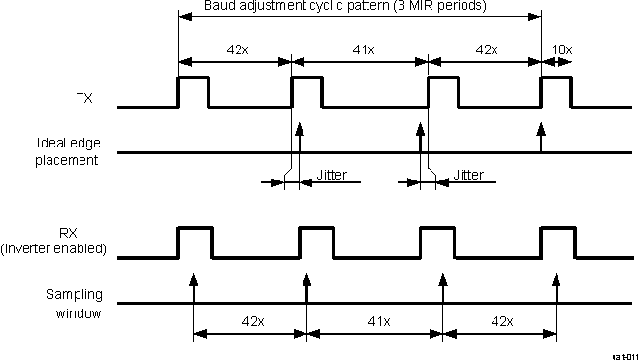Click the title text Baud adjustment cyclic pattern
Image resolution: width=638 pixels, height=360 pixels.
344,6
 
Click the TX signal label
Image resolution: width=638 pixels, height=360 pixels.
84,98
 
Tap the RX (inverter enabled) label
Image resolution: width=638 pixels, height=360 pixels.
67,243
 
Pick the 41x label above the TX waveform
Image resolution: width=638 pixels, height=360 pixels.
360,49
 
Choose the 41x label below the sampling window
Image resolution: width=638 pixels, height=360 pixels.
374,321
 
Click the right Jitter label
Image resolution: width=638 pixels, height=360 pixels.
468,176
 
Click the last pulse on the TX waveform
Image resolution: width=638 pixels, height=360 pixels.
557,90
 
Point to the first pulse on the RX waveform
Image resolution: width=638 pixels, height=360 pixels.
194,242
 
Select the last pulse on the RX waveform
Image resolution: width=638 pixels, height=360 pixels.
557,242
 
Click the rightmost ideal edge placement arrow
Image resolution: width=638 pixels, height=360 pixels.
541,137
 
